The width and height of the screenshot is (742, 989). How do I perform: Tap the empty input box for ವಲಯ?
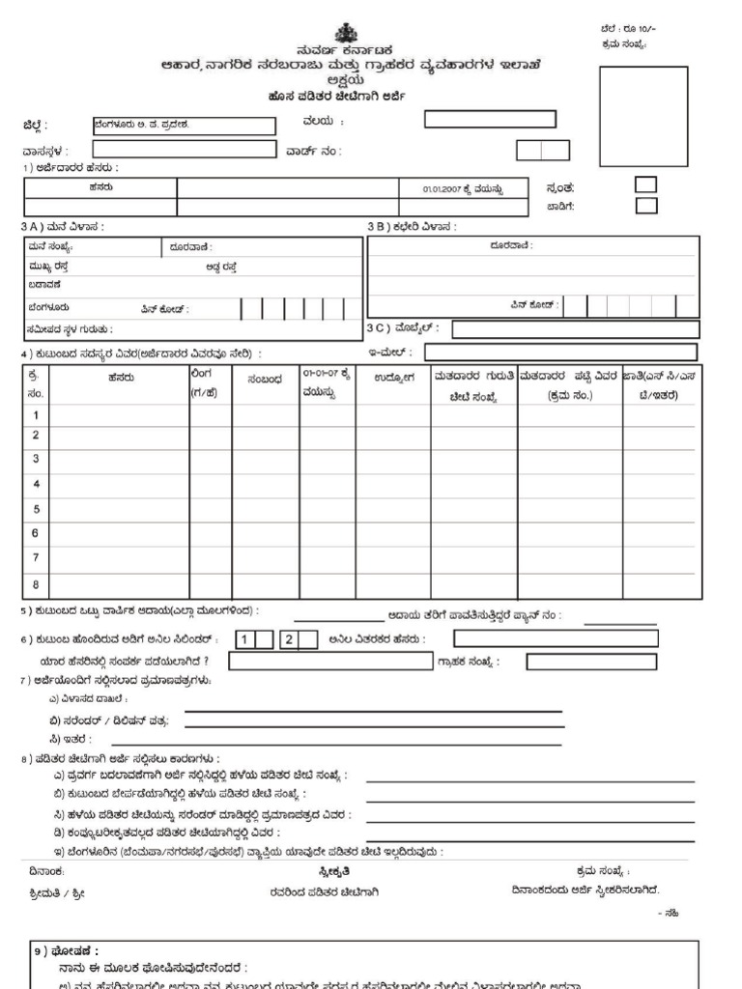[x=491, y=120]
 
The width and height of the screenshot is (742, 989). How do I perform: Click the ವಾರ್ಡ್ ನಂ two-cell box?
[x=541, y=150]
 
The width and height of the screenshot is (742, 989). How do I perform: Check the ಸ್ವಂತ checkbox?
[x=645, y=184]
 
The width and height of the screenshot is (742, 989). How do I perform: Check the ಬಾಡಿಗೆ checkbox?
[x=645, y=205]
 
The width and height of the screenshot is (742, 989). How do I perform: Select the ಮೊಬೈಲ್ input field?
[x=575, y=329]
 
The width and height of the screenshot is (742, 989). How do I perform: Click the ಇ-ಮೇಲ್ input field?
[x=575, y=352]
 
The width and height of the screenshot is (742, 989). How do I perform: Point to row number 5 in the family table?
[x=36, y=509]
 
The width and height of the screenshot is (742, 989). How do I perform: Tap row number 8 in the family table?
[x=36, y=582]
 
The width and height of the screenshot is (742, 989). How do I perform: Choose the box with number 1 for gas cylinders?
[x=246, y=638]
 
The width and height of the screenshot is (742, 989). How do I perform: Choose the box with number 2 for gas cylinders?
[x=287, y=638]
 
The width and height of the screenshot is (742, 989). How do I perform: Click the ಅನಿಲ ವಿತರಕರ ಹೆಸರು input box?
[x=556, y=638]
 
